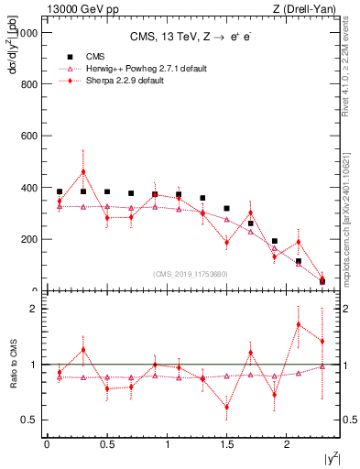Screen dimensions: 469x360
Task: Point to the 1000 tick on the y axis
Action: point(27,32)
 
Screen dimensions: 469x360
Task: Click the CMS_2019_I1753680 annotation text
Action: point(190,274)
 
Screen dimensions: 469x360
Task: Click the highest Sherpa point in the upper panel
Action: point(83,171)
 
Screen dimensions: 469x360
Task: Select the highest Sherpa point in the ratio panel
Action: point(299,324)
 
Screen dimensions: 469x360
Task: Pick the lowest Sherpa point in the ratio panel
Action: point(226,408)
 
